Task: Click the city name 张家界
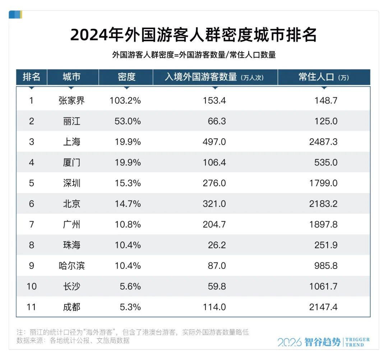tap(71, 100)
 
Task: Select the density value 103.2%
tap(125, 100)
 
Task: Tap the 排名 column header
tap(32, 77)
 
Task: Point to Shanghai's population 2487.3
tap(323, 142)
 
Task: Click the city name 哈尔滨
tap(71, 266)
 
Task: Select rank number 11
tap(32, 307)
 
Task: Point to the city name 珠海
tap(71, 245)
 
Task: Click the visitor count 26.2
tap(217, 245)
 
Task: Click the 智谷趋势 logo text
tap(322, 342)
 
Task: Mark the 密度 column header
tap(126, 77)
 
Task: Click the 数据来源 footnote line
tap(73, 341)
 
